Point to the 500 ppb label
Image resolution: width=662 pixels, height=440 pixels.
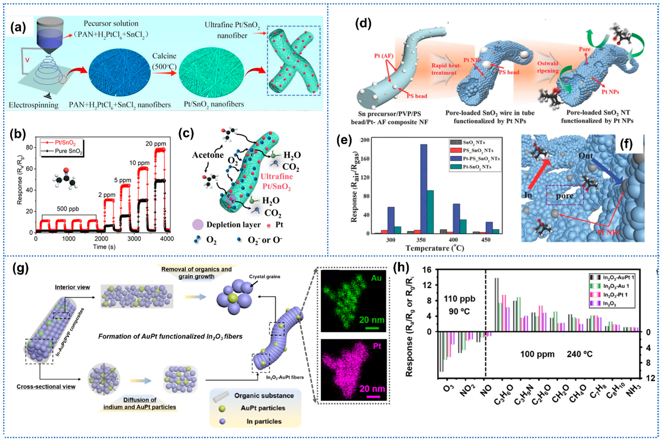click(68, 209)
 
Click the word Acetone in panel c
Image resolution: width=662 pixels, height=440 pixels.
click(208, 155)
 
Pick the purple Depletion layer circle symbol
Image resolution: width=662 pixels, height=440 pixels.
click(197, 224)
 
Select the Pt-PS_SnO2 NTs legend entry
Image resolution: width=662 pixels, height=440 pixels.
click(481, 159)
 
